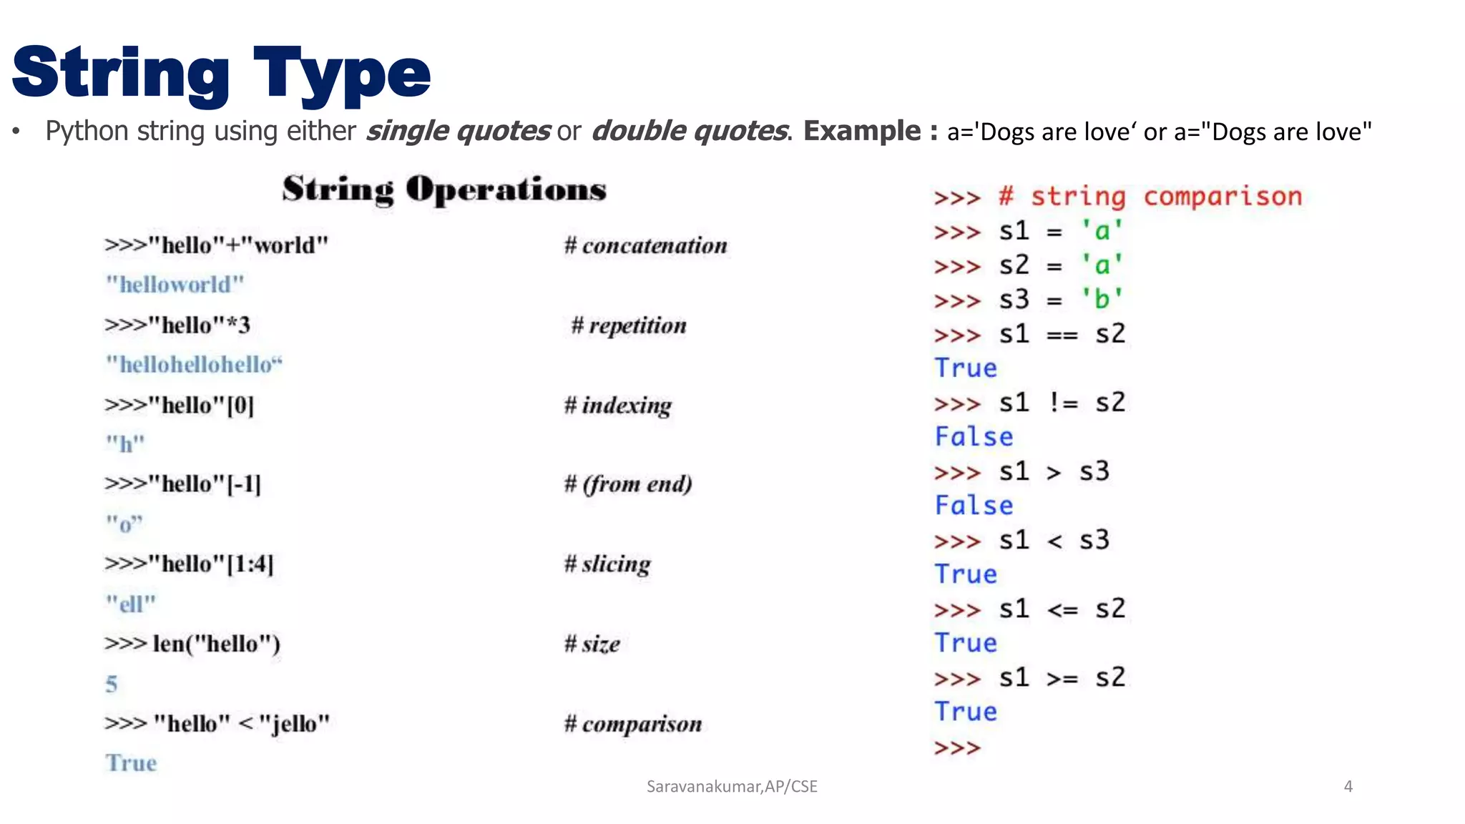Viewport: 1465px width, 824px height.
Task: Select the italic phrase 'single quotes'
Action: click(x=458, y=131)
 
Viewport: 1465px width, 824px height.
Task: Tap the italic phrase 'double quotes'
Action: click(x=690, y=131)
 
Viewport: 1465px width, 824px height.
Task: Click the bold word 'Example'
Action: click(x=862, y=131)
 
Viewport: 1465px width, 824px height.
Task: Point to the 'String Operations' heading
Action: click(x=444, y=190)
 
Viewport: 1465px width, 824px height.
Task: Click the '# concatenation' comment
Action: click(x=645, y=245)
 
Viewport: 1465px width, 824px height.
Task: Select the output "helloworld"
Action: click(x=175, y=285)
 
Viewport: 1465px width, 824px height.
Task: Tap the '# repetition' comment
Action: click(x=628, y=325)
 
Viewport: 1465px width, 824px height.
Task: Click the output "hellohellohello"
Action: click(x=194, y=365)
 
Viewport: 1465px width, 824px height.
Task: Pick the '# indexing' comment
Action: click(x=617, y=406)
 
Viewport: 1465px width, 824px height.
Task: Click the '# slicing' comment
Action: click(x=607, y=564)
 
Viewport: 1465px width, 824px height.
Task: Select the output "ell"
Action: click(x=130, y=604)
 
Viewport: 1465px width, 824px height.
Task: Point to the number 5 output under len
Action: click(x=112, y=684)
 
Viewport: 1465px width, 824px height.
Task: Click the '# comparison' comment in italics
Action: click(x=632, y=724)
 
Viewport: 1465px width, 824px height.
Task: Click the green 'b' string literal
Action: click(x=1102, y=299)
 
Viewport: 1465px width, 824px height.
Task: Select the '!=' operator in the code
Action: click(x=1063, y=403)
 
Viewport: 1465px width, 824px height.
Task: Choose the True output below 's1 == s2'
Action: click(x=966, y=368)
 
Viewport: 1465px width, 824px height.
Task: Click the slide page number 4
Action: click(x=1348, y=787)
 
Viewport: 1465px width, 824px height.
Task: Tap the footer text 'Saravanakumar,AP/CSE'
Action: click(x=732, y=787)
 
